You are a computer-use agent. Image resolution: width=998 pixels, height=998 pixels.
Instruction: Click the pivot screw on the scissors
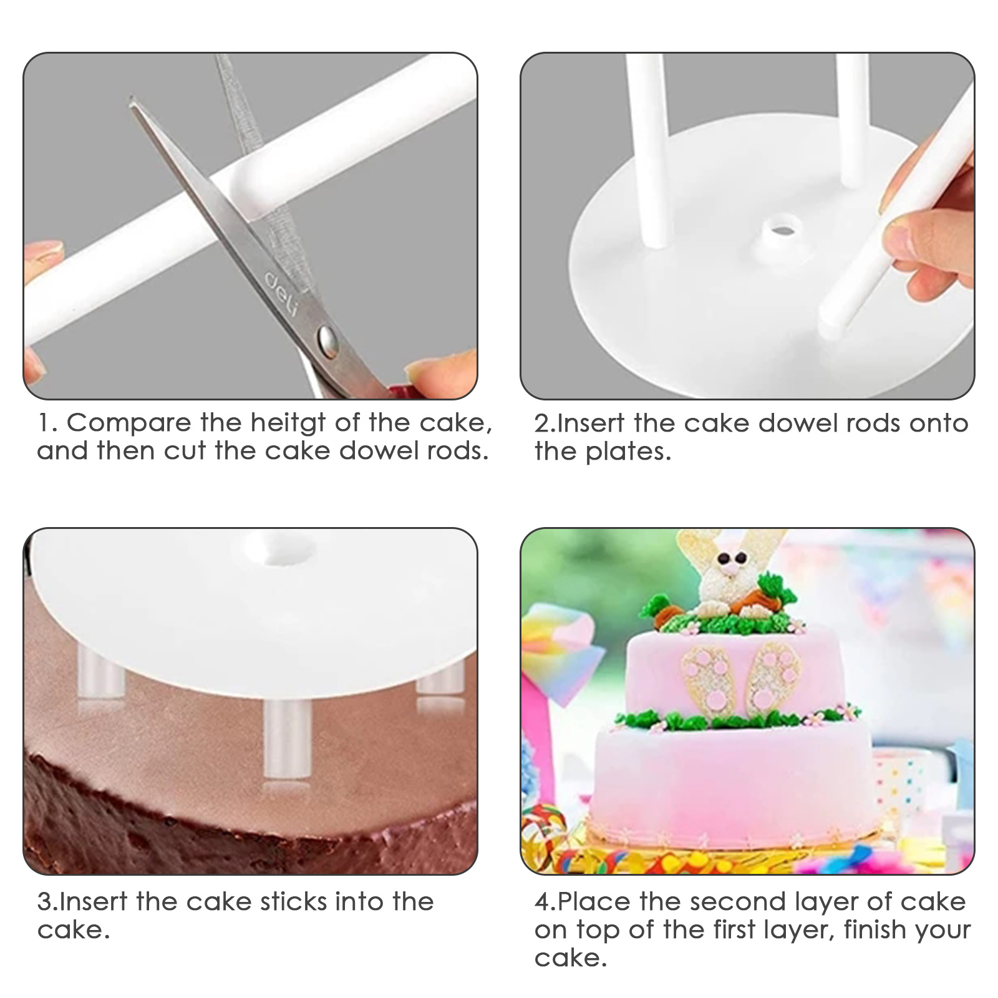tap(327, 341)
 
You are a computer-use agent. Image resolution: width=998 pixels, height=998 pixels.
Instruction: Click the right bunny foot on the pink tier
tap(774, 678)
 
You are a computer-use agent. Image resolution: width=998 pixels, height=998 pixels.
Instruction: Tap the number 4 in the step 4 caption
tap(543, 903)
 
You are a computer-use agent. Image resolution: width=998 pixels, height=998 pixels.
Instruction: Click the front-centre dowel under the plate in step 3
tap(287, 740)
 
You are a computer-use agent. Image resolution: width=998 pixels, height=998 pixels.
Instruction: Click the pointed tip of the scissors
tap(131, 99)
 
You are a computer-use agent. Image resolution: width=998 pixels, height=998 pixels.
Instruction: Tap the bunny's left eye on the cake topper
tap(724, 557)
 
